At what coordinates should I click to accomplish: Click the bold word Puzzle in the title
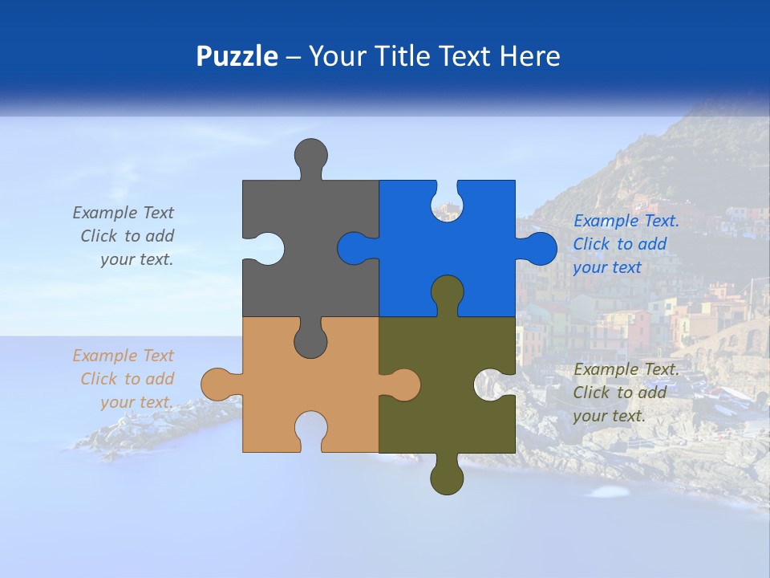tap(237, 56)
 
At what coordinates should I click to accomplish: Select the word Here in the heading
tap(529, 56)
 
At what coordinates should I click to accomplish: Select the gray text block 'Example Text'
tap(123, 213)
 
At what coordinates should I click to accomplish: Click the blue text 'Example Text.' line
tap(626, 221)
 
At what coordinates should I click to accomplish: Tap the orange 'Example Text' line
tap(123, 356)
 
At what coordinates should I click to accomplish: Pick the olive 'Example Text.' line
tap(626, 369)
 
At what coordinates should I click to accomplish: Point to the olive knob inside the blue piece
tap(447, 294)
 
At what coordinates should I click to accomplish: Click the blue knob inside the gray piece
tap(356, 248)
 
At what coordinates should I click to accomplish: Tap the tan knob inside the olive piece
tap(402, 385)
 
